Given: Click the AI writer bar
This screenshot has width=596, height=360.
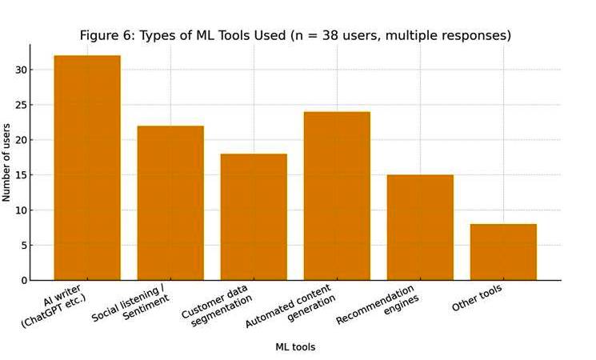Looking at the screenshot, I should tap(87, 168).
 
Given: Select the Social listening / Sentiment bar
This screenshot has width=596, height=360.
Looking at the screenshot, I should tap(170, 203).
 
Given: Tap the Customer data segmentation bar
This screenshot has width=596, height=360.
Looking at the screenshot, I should tap(254, 217).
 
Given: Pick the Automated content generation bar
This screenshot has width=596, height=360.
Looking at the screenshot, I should tap(337, 196).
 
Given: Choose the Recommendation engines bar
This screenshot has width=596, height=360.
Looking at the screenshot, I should tap(420, 227).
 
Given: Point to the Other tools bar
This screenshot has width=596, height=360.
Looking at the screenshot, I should tap(503, 252).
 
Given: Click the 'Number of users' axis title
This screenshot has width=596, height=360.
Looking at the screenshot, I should tap(7, 162).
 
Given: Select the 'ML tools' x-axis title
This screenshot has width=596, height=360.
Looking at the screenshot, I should tap(295, 347).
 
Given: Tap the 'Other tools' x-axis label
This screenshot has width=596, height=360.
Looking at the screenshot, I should tap(477, 298).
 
